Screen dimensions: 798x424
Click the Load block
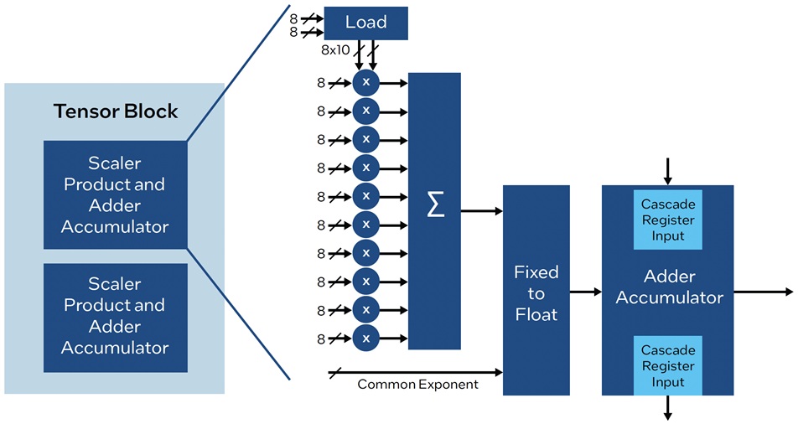click(x=366, y=23)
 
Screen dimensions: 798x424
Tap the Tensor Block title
click(x=116, y=111)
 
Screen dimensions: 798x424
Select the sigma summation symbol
click(x=435, y=204)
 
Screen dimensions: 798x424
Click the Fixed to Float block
click(x=536, y=290)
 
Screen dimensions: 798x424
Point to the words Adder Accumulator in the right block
click(x=669, y=287)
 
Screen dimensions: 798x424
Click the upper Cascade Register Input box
click(x=668, y=220)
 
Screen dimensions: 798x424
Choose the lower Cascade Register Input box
click(x=668, y=365)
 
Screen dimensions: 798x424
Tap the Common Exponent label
click(x=417, y=384)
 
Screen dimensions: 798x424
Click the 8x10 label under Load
click(x=335, y=50)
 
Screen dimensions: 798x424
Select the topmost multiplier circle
click(x=366, y=82)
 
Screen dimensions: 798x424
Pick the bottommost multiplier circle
click(x=366, y=338)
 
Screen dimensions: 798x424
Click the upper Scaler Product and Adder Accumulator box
click(x=116, y=195)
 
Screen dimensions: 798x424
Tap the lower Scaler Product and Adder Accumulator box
click(x=116, y=318)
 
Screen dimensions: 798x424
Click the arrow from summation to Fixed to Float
click(x=481, y=210)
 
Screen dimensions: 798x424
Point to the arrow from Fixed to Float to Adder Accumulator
click(x=586, y=292)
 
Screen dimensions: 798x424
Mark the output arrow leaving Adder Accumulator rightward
click(x=764, y=292)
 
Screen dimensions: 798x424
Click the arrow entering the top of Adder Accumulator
click(x=668, y=172)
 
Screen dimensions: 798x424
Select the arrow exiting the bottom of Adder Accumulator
click(x=668, y=408)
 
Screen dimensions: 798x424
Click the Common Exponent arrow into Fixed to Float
click(x=416, y=373)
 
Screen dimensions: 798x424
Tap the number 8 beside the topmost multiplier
click(x=320, y=82)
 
